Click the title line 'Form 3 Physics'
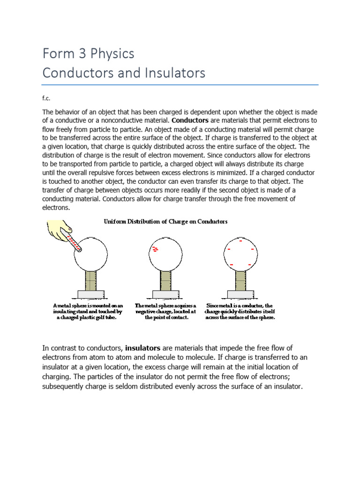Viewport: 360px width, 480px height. [88, 54]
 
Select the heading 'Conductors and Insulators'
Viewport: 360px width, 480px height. [124, 73]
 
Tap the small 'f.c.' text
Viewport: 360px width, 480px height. [47, 99]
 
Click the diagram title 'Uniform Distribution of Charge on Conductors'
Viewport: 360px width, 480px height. [165, 222]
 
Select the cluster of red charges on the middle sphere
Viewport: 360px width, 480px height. [155, 248]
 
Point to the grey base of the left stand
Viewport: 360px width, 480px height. [92, 294]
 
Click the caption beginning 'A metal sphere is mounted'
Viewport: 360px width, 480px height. [88, 311]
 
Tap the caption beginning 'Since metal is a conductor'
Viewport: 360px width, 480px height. [240, 311]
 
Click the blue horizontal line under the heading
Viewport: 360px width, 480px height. [180, 85]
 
